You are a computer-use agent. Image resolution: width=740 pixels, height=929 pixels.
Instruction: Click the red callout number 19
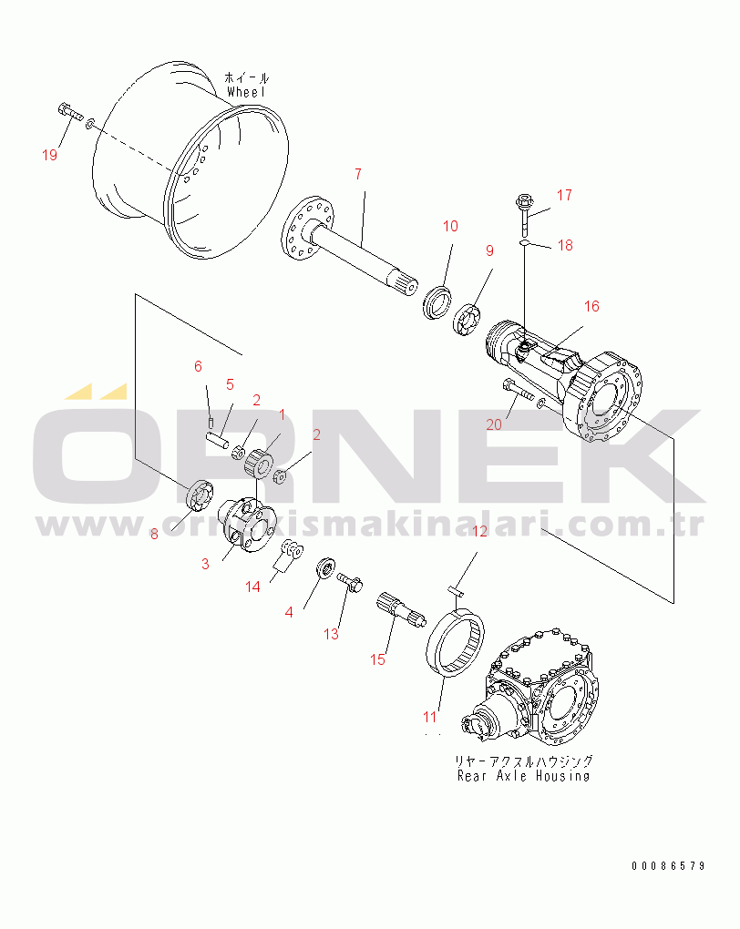point(50,155)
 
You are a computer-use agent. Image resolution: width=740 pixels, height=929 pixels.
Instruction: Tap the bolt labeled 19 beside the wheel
point(70,112)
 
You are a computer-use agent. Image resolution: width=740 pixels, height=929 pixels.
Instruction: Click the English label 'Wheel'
point(246,92)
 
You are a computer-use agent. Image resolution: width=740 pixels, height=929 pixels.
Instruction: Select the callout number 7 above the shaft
point(358,174)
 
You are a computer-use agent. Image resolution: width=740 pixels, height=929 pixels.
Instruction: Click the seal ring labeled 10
point(437,302)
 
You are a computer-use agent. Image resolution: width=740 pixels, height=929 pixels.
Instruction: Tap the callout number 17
point(564,195)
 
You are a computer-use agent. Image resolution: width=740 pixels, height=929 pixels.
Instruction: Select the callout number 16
point(591,306)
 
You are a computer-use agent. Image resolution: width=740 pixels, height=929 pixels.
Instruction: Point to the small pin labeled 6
point(211,422)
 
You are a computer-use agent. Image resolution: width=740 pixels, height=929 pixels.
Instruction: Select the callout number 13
point(331,634)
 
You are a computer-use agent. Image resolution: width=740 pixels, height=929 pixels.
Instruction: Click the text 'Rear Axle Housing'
point(524,776)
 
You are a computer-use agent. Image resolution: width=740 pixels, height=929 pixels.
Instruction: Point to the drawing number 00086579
point(668,865)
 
